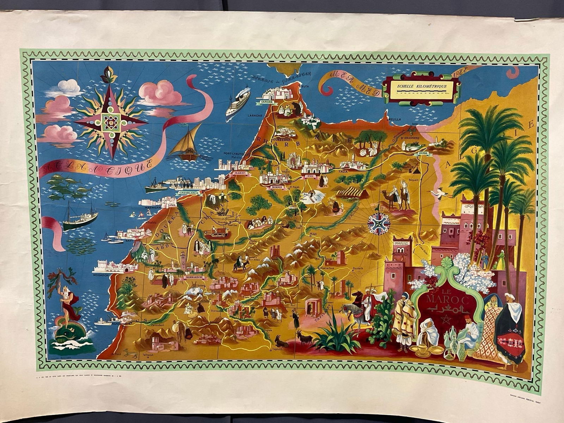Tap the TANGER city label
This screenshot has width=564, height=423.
pyautogui.click(x=266, y=102)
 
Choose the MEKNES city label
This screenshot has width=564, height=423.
pyautogui.click(x=277, y=188)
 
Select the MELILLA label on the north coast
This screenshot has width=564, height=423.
pyautogui.click(x=394, y=119)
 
